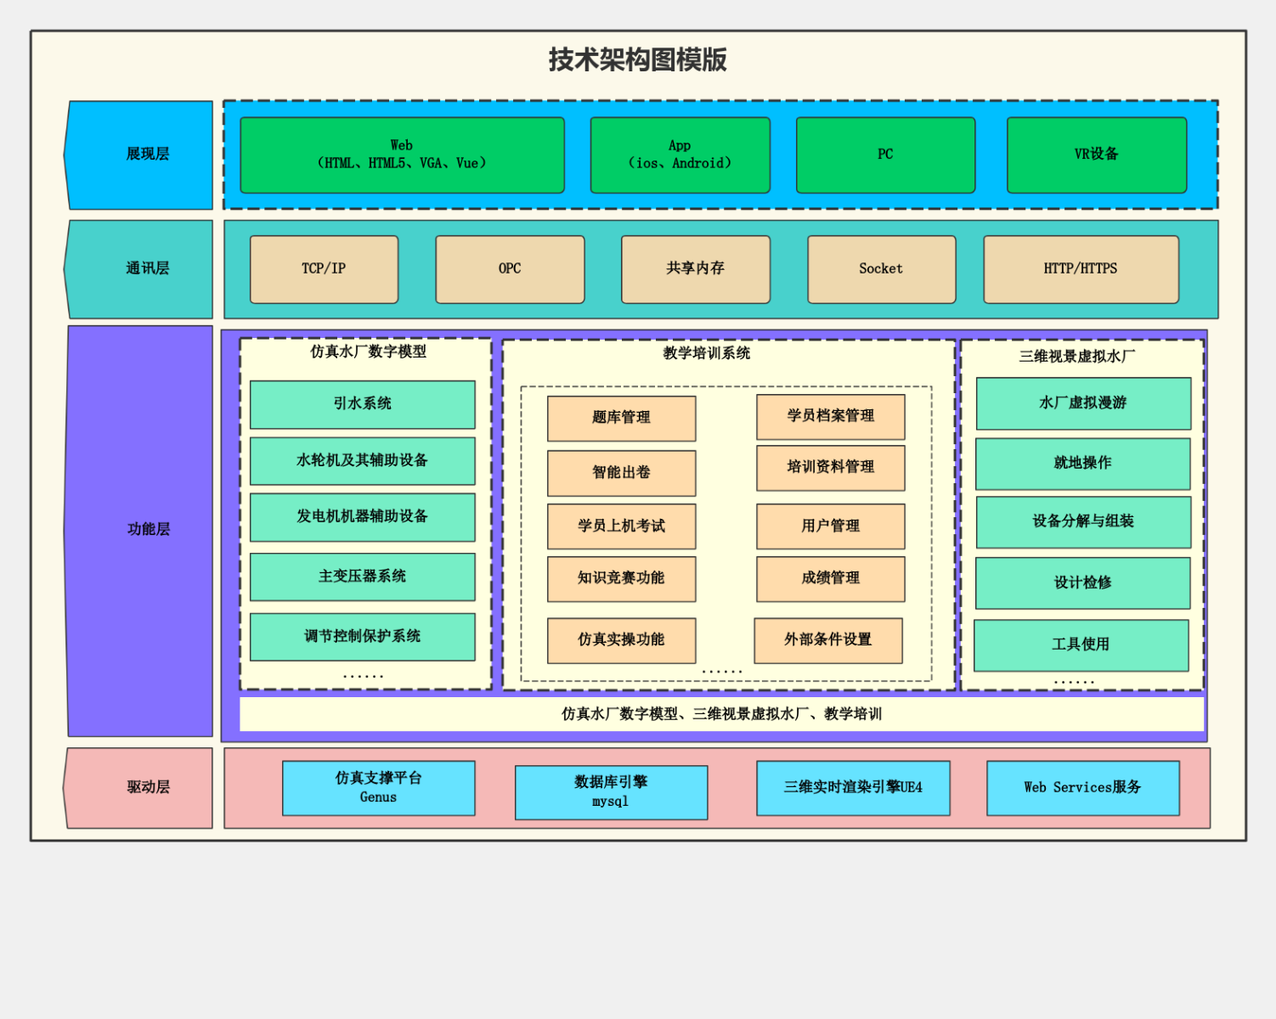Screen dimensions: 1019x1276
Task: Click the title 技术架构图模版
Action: coord(637,59)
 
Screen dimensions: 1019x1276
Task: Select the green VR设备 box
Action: coord(1096,155)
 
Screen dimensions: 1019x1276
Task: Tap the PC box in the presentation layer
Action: coord(885,155)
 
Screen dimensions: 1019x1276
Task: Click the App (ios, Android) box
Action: coord(680,155)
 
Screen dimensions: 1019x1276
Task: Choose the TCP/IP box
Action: coord(324,269)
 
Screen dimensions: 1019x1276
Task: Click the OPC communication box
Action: coord(510,269)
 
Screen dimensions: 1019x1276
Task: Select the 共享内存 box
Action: coord(696,269)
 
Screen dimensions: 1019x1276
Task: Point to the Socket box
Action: coord(881,269)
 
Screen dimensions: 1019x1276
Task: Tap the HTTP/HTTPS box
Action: coord(1081,269)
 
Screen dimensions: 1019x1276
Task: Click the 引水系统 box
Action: coord(362,404)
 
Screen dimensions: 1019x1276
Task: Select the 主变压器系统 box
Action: coord(362,577)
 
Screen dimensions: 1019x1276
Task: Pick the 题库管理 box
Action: coord(621,418)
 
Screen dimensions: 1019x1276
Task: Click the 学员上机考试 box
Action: coord(621,526)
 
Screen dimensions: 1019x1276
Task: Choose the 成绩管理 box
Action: coord(830,578)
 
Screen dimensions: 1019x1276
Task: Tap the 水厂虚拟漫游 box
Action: coord(1083,403)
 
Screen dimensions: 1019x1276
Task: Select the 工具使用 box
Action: coord(1081,645)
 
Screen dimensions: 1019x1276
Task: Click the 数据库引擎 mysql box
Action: coord(611,792)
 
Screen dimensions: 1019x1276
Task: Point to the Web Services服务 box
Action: coord(1082,788)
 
